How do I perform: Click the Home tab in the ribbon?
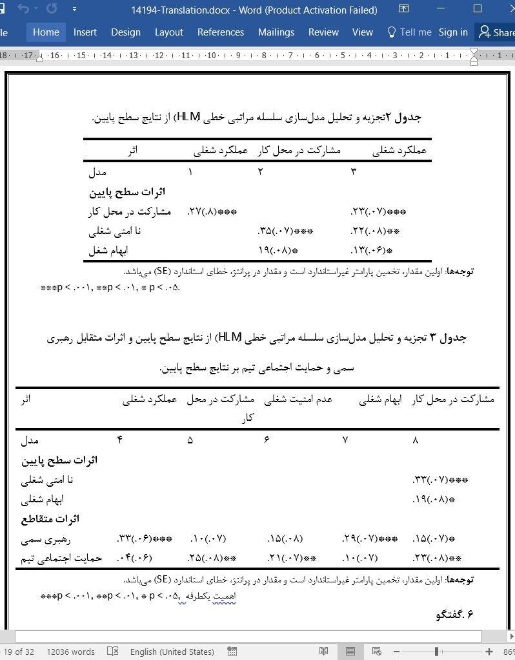[x=46, y=32]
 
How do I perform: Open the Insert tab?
[x=85, y=32]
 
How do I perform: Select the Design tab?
[x=125, y=32]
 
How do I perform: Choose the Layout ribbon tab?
[x=168, y=32]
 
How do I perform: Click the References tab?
[x=220, y=32]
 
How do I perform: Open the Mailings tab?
[x=276, y=32]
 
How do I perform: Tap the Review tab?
[x=323, y=32]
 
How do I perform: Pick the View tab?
[x=362, y=32]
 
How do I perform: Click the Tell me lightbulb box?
[x=409, y=32]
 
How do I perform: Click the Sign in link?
[x=453, y=32]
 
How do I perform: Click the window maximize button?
[x=478, y=9]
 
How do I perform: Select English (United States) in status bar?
[x=172, y=652]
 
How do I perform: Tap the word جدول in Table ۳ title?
[x=453, y=337]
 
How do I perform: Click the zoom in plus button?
[x=489, y=652]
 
